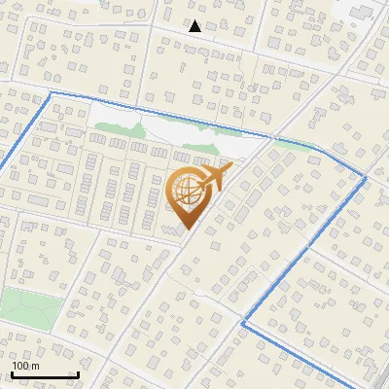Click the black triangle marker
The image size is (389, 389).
click(195, 26)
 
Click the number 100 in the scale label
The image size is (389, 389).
click(20, 366)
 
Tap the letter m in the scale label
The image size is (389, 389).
click(35, 366)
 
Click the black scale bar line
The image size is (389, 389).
click(44, 374)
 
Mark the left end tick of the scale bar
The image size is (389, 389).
click(12, 372)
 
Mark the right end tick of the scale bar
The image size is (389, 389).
click(77, 372)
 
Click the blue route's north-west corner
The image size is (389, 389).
click(50, 92)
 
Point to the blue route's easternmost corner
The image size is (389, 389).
click(366, 178)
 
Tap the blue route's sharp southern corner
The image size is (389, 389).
click(242, 322)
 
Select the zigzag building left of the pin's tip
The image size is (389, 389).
click(171, 229)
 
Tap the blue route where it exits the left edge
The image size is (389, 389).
click(3, 165)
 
